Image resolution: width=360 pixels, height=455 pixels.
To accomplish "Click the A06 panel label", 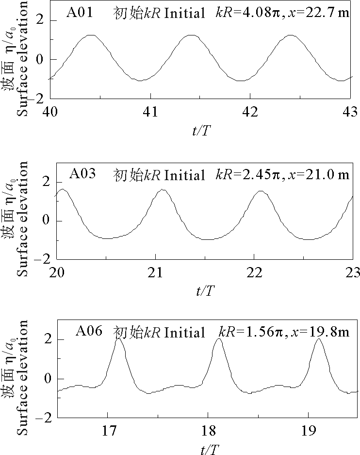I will [x=89, y=332].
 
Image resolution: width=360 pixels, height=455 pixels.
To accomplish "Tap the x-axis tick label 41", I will [x=150, y=111].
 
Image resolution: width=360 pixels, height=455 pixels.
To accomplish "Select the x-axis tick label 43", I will [x=350, y=111].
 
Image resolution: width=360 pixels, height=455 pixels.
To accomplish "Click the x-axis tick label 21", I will [x=155, y=272].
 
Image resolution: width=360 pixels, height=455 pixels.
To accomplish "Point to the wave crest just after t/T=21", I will [x=163, y=189].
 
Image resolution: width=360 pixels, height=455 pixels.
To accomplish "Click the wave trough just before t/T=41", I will [x=140, y=81].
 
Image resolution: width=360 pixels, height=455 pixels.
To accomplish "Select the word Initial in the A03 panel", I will [x=185, y=174].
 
